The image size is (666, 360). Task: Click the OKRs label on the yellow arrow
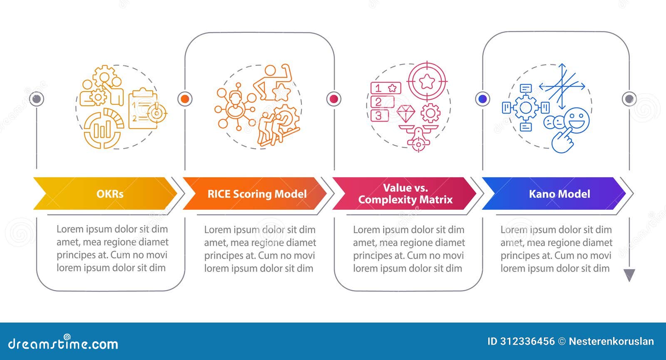110,194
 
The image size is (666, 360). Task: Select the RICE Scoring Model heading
257,194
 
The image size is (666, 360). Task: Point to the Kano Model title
559,194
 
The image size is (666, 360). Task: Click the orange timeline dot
185,99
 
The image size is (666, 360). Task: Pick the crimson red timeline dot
333,99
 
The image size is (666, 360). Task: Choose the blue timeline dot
482,99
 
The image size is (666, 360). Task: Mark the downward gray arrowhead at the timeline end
629,275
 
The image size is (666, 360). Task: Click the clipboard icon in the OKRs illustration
143,109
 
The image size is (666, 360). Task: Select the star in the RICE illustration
281,92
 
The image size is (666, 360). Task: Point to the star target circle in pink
427,81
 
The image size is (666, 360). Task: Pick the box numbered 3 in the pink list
380,116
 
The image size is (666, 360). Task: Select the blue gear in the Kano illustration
526,108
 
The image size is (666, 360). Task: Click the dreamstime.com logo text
63,343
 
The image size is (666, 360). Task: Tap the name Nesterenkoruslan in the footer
611,341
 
